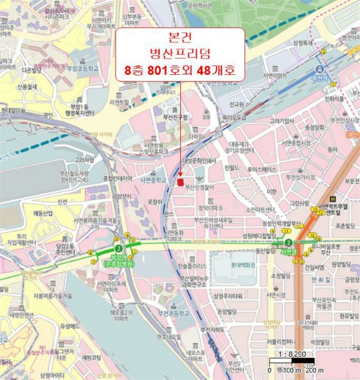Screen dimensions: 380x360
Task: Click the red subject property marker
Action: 180,181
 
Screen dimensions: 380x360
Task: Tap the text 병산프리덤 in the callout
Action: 180,53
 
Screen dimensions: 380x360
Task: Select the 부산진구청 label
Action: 174,117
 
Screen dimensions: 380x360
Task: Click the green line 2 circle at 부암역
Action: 116,242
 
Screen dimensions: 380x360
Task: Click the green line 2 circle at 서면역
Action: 288,243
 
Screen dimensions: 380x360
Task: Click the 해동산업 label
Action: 41,213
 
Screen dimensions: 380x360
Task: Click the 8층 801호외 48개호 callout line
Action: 180,71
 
